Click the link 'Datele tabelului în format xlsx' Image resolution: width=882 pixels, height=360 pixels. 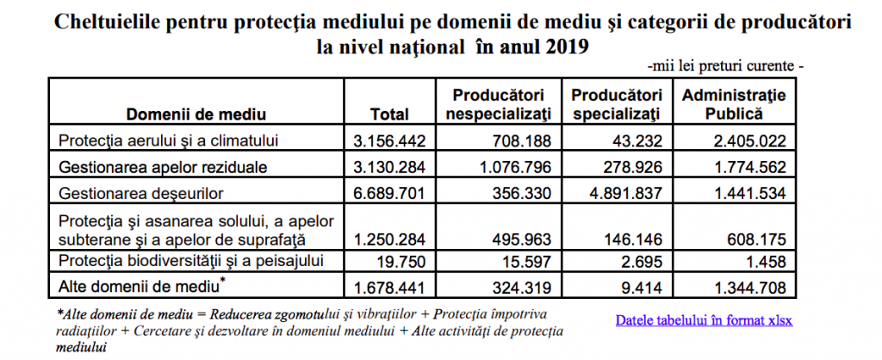704,320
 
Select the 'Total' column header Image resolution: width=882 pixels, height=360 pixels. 389,115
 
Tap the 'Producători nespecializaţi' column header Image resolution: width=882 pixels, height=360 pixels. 501,104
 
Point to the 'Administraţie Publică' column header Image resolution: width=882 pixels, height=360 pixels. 734,104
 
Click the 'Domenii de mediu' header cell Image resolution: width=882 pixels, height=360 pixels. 196,115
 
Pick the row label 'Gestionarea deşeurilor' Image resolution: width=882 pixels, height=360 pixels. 141,194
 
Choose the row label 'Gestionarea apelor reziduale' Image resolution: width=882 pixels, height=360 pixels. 163,167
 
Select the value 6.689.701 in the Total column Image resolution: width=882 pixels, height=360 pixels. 388,194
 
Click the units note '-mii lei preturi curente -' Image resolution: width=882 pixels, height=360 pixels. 725,66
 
